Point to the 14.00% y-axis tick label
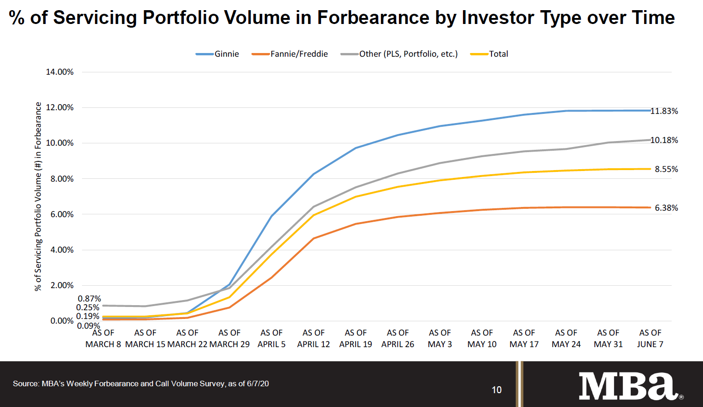tap(59, 72)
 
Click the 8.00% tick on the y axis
tap(62, 179)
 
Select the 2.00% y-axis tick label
tap(62, 285)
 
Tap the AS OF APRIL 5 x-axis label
tap(271, 338)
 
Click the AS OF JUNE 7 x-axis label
tap(650, 338)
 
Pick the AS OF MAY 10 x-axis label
tap(482, 338)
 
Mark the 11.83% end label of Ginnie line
tap(664, 111)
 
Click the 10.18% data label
tap(664, 140)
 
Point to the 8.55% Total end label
tap(666, 169)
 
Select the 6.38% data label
tap(666, 208)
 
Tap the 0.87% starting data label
tap(89, 299)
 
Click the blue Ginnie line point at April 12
tap(314, 174)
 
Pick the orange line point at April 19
tap(356, 224)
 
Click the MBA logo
tap(628, 386)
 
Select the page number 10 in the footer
tap(497, 390)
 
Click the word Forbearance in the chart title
tap(373, 18)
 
